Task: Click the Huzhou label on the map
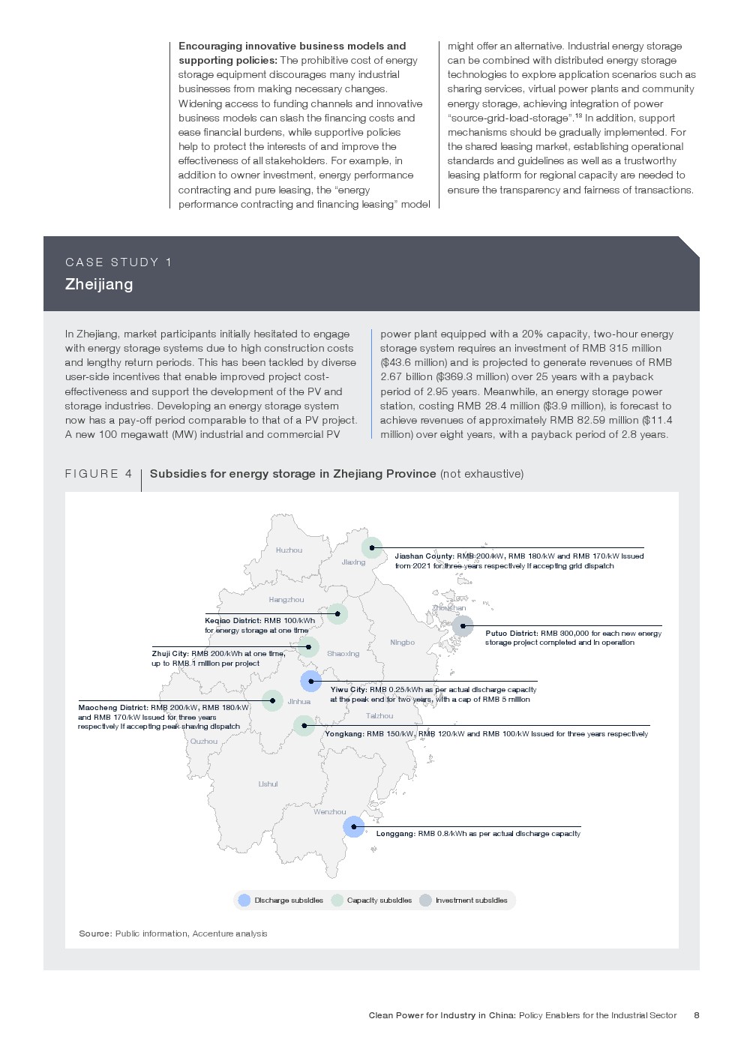[289, 550]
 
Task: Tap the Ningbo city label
[402, 643]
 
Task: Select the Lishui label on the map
[268, 784]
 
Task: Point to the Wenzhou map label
[330, 812]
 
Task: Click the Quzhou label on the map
[204, 742]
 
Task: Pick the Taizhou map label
[379, 716]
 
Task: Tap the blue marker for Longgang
[354, 827]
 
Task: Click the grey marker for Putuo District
[463, 626]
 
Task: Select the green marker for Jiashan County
[372, 548]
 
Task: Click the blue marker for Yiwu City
[310, 682]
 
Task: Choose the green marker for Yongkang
[304, 726]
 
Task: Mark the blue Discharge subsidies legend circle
[244, 901]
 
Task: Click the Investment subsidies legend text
[471, 901]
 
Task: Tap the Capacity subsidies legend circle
[337, 901]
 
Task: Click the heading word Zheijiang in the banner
[99, 284]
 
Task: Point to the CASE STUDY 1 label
[118, 262]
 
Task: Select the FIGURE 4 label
[98, 474]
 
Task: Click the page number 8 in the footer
[697, 1015]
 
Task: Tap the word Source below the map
[95, 934]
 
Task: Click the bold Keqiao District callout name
[232, 621]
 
